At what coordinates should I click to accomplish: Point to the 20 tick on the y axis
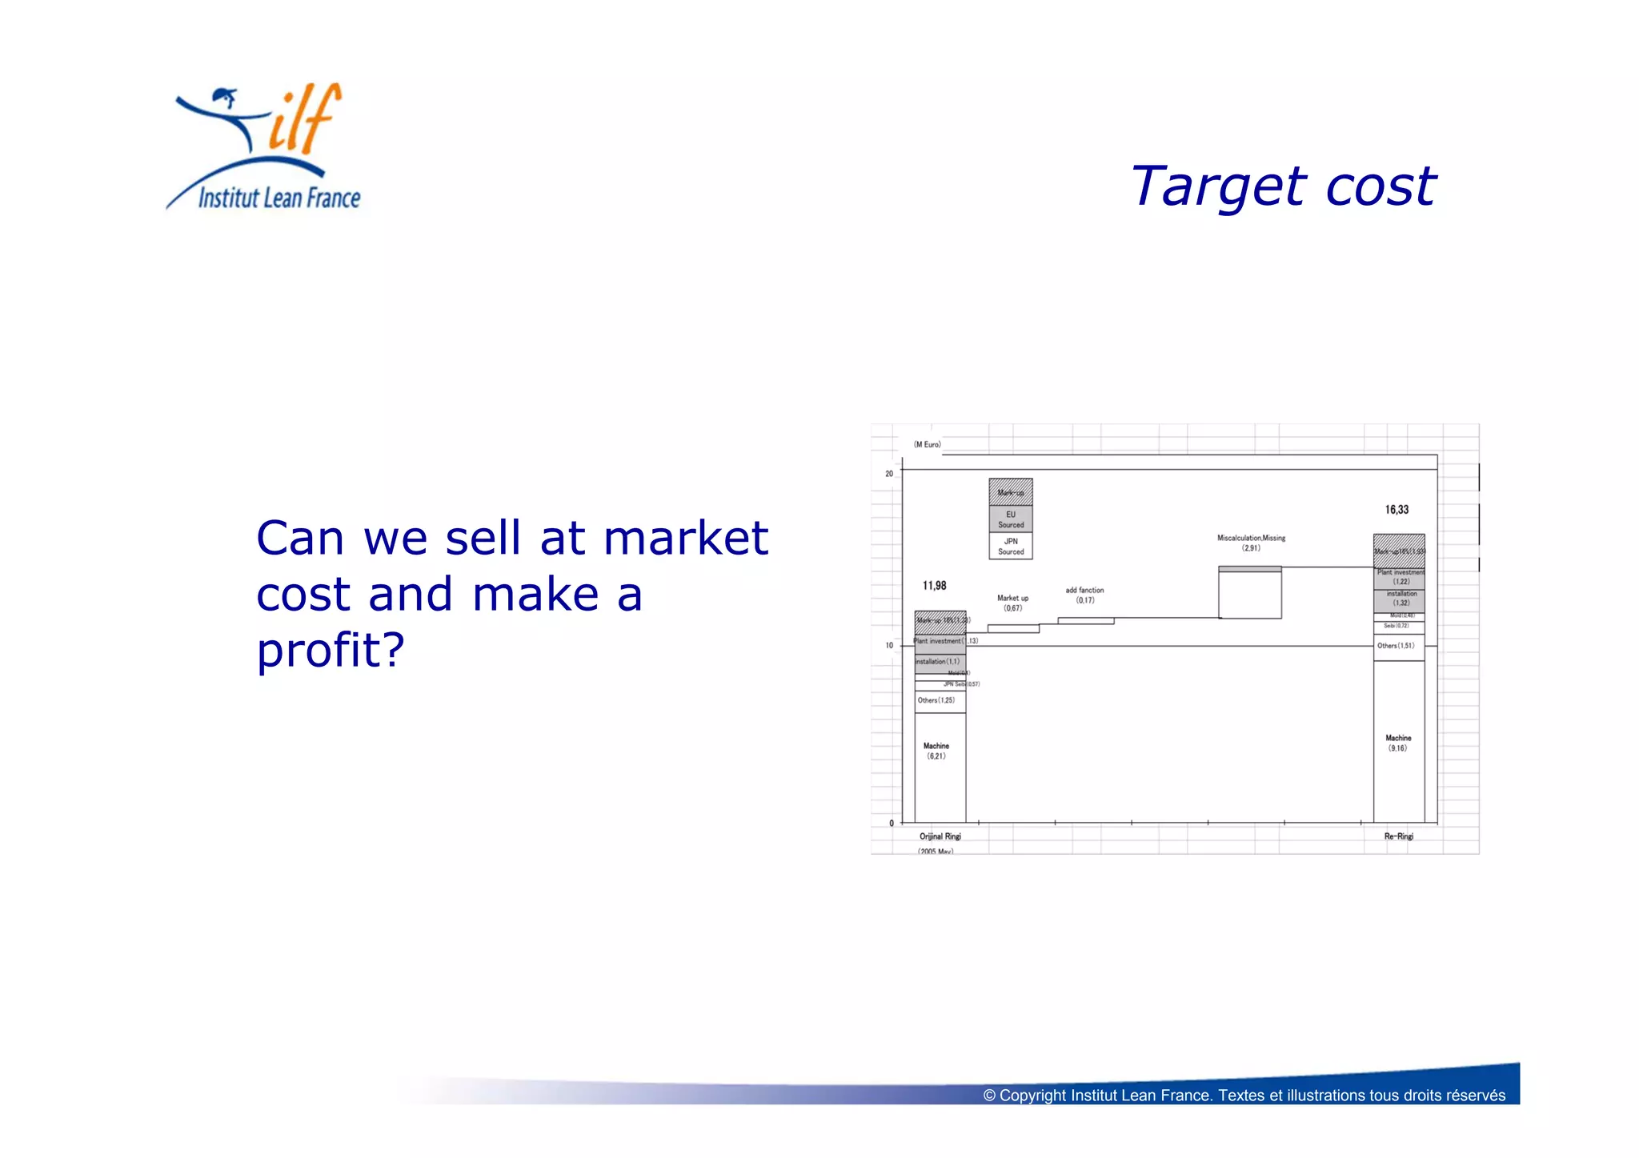click(x=889, y=474)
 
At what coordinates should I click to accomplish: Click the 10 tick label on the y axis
click(x=889, y=645)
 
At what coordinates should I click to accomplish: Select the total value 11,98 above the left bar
click(x=934, y=586)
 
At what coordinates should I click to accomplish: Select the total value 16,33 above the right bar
click(x=1397, y=510)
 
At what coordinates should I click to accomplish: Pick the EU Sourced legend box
click(x=1011, y=519)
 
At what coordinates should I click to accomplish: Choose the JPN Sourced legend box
click(x=1011, y=546)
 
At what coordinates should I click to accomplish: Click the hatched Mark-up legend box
click(x=1011, y=492)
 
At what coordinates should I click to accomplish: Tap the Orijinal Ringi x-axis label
click(x=940, y=836)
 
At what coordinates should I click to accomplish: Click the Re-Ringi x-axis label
click(x=1398, y=836)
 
